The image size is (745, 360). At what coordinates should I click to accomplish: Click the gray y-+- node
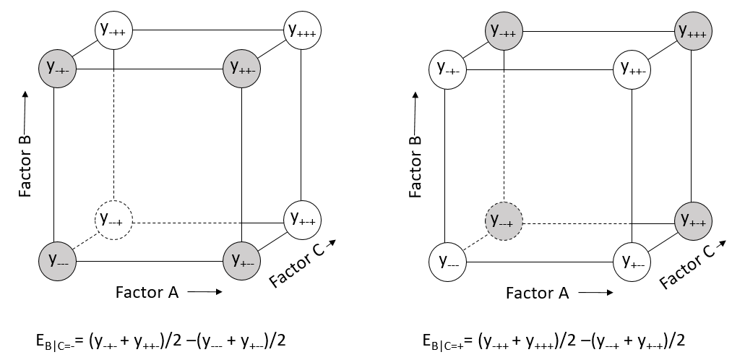56,69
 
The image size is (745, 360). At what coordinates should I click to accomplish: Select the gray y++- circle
241,69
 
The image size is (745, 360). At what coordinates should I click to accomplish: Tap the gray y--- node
56,259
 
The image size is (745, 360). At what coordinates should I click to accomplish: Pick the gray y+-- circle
241,259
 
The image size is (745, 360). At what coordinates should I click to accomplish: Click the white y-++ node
114,30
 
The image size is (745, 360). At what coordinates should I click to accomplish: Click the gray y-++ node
503,30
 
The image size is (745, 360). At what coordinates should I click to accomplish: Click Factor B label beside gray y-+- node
25,145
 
